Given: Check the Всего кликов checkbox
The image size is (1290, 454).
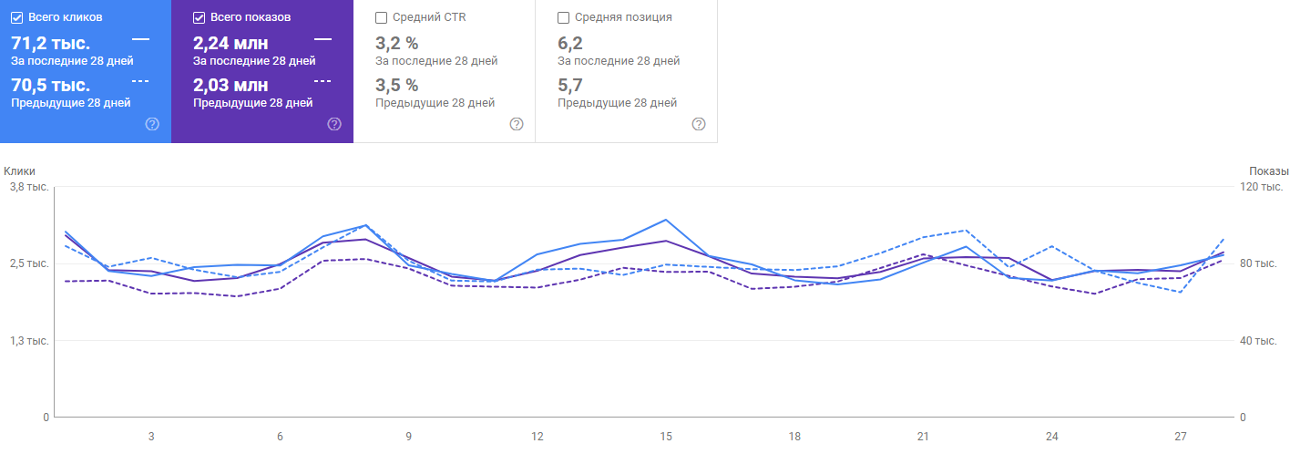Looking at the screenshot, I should pyautogui.click(x=17, y=17).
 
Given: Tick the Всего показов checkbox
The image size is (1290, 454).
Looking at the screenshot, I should pyautogui.click(x=200, y=17).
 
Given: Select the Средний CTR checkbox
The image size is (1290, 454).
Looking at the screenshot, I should pyautogui.click(x=381, y=17).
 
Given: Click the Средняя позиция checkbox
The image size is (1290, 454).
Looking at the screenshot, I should pyautogui.click(x=563, y=17).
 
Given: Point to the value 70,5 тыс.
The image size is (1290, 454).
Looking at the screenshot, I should pyautogui.click(x=50, y=86).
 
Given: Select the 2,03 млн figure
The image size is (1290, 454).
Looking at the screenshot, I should pyautogui.click(x=230, y=86).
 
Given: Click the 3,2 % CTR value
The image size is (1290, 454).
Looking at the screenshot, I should pyautogui.click(x=396, y=43).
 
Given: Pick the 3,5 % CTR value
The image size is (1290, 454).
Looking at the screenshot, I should pyautogui.click(x=396, y=86).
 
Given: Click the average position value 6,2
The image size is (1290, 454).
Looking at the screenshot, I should pyautogui.click(x=570, y=43).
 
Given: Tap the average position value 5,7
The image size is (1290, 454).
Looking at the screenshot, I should pyautogui.click(x=570, y=86).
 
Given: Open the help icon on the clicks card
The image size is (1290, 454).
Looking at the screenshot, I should pyautogui.click(x=152, y=124).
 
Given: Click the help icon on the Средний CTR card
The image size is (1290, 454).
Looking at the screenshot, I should pyautogui.click(x=517, y=124).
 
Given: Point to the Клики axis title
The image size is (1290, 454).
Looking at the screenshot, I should pyautogui.click(x=19, y=170).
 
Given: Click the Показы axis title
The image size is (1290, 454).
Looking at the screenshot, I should pyautogui.click(x=1269, y=170).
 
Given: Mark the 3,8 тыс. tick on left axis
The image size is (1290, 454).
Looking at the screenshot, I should pyautogui.click(x=29, y=187).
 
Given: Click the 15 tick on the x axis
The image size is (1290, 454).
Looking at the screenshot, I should pyautogui.click(x=666, y=437).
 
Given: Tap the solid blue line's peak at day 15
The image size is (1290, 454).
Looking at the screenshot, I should pyautogui.click(x=666, y=220).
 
